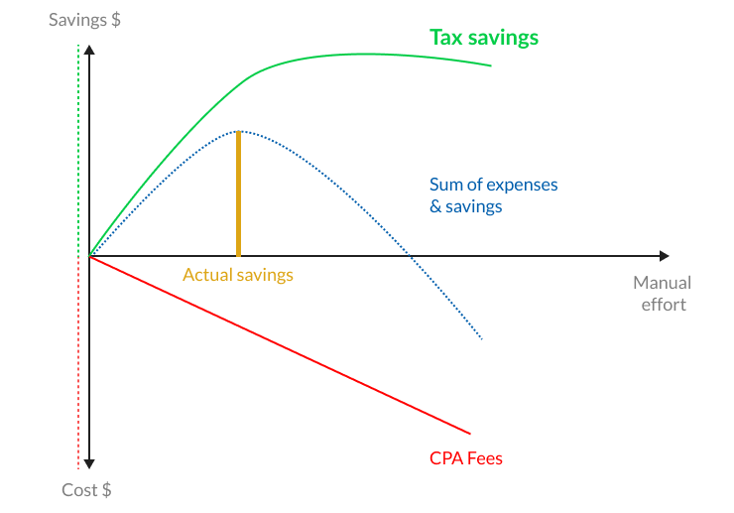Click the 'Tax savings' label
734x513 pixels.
484,38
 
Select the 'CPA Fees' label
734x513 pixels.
466,459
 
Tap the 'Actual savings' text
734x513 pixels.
238,275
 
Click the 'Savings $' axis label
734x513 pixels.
85,19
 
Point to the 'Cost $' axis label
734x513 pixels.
86,490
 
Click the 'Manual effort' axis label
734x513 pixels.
662,294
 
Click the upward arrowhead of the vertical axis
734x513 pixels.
89,50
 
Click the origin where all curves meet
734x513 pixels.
89,257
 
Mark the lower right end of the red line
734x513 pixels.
470,433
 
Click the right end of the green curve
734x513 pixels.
490,66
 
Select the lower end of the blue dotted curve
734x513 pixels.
482,340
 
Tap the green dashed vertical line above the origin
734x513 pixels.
77,149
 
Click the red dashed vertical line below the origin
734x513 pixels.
77,367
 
